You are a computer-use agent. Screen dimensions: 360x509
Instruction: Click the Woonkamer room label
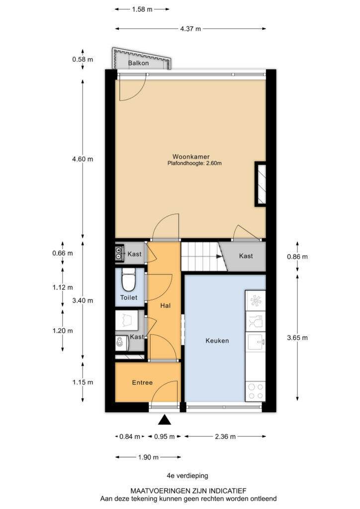(191, 157)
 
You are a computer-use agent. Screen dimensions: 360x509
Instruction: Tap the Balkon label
(138, 63)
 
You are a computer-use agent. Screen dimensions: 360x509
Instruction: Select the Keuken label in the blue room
(217, 340)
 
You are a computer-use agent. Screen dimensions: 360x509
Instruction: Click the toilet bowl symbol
(129, 280)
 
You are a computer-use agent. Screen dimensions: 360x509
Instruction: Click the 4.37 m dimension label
(190, 28)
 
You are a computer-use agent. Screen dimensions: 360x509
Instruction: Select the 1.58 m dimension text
(142, 9)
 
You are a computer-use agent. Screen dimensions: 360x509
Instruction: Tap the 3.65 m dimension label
(297, 338)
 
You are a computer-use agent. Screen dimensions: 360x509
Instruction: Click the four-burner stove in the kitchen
(256, 391)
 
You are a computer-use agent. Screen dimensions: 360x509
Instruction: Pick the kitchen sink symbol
(256, 341)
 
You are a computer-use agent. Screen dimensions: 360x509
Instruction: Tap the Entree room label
(142, 382)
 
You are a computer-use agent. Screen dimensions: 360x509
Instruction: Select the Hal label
(165, 306)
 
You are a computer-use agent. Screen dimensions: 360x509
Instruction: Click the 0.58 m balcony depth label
(83, 60)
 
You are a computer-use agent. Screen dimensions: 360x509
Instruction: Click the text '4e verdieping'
(187, 476)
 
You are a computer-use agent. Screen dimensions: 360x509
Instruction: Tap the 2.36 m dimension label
(225, 436)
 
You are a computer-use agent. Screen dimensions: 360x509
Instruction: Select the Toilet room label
(129, 297)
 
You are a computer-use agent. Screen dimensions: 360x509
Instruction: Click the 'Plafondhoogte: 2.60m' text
(194, 163)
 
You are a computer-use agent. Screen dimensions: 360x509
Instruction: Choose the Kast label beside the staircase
(246, 256)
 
